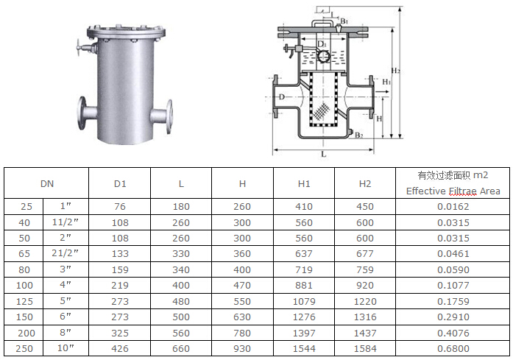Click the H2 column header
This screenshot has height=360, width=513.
[x=365, y=184]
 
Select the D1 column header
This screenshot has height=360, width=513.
[x=120, y=184]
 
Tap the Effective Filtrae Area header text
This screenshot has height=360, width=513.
[x=453, y=191]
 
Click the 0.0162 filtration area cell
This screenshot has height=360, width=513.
[x=453, y=207]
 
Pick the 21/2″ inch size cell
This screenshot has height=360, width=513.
[x=65, y=253]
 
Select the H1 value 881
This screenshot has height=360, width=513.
[x=304, y=286]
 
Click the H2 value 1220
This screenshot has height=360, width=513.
[x=365, y=301]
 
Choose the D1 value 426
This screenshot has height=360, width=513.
[x=120, y=348]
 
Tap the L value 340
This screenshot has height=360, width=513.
[x=181, y=269]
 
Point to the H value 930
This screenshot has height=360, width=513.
[x=242, y=348]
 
